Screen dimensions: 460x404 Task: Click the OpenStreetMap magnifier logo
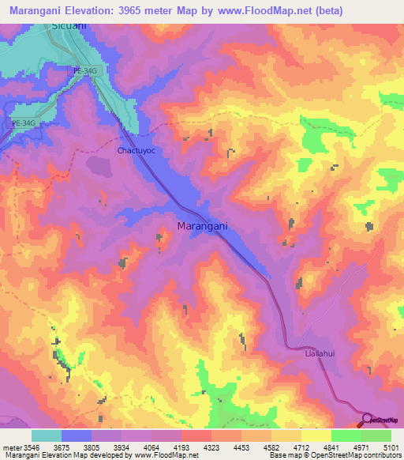point(367,419)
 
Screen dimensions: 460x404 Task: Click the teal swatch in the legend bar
point(46,435)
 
